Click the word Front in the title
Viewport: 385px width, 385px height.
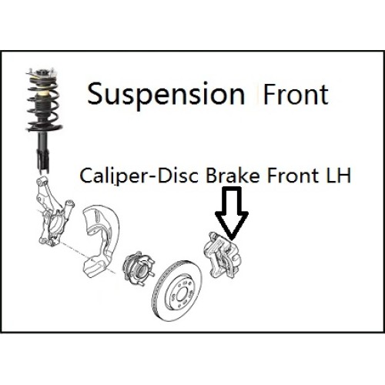(x=296, y=94)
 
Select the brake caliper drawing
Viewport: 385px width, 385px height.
(x=223, y=256)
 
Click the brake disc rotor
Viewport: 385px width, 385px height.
(x=177, y=291)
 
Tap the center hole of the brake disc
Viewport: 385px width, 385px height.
(x=182, y=293)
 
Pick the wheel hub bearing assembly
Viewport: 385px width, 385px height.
(x=139, y=268)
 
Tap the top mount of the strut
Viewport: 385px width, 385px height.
(x=41, y=72)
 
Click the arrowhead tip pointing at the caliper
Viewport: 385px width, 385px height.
(x=232, y=239)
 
